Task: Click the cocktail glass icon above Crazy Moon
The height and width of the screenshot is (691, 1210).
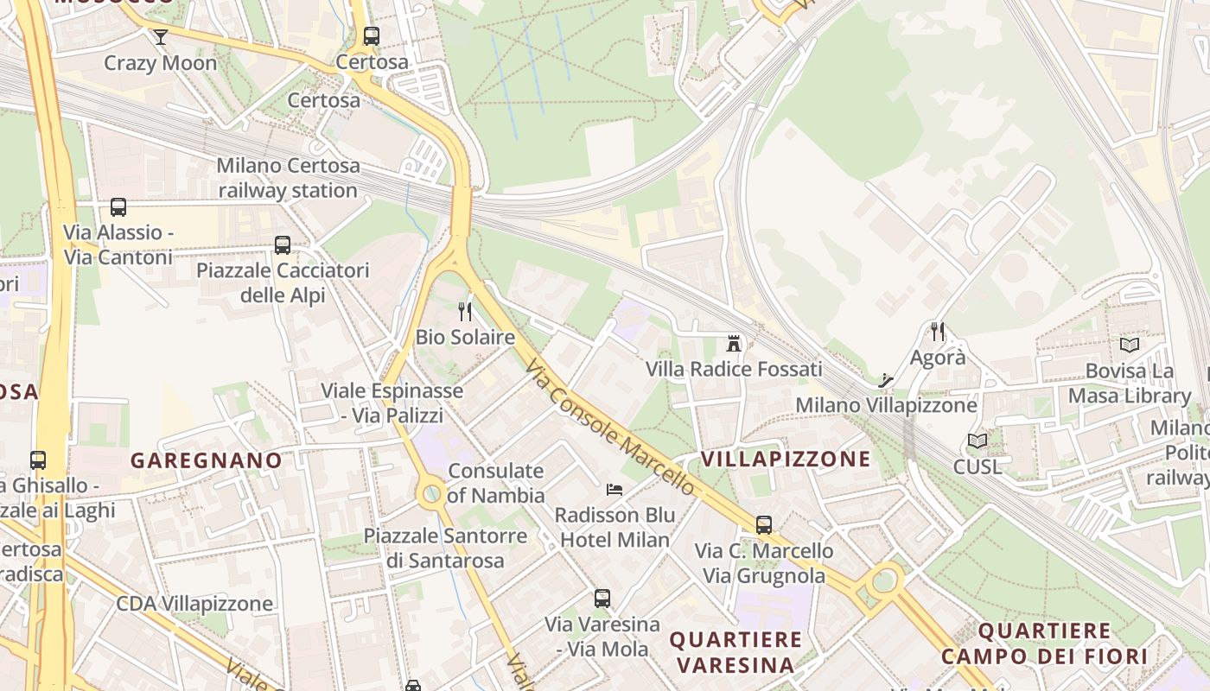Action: (161, 36)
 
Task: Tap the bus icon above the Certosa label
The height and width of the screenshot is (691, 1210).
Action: (372, 36)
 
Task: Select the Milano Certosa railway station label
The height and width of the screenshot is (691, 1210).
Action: (287, 178)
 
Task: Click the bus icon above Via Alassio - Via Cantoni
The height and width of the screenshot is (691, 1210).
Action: (118, 207)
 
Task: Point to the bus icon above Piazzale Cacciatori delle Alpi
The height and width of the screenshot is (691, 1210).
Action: (283, 245)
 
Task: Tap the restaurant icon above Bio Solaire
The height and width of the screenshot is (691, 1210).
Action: (465, 312)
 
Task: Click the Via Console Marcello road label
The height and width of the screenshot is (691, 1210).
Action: (609, 427)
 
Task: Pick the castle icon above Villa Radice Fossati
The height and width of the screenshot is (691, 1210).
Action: (734, 344)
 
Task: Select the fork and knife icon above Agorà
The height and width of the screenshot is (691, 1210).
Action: (938, 331)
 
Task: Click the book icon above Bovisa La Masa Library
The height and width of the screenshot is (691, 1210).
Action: (1129, 345)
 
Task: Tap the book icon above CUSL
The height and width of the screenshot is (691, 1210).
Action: (978, 441)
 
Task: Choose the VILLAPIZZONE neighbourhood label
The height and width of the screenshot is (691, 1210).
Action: (786, 459)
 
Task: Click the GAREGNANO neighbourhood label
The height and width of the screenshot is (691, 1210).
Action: (207, 460)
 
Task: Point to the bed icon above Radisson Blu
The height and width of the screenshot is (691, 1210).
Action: (615, 490)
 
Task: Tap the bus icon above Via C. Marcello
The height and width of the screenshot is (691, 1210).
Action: (764, 524)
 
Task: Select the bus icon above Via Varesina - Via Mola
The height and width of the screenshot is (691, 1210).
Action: (602, 598)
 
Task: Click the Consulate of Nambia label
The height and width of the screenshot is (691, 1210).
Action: (496, 483)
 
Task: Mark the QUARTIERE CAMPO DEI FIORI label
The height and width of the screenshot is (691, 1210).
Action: (1044, 643)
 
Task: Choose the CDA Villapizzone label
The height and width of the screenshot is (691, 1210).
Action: (194, 603)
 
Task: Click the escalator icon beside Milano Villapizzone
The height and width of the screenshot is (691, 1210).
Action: (886, 379)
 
